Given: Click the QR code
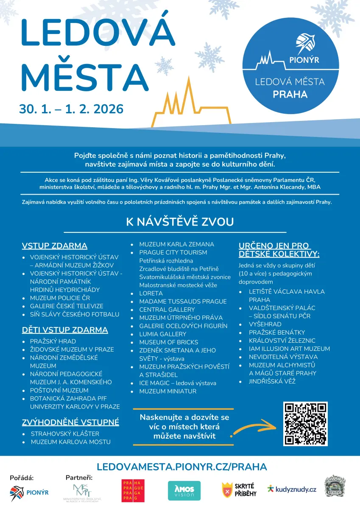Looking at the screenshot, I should [x=305, y=424].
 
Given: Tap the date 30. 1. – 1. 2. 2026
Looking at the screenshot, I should [x=71, y=109].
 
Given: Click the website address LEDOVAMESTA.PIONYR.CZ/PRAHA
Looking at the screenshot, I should [x=182, y=467].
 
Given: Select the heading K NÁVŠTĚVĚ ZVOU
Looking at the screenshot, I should [x=180, y=222].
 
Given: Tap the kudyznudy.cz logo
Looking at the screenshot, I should [x=292, y=489].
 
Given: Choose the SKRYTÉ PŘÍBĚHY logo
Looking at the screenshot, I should [x=239, y=490].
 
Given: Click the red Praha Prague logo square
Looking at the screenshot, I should [x=133, y=491].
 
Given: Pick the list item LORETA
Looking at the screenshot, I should [x=151, y=293].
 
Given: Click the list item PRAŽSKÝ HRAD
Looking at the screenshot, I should [x=53, y=341].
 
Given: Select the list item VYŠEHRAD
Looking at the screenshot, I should [x=265, y=324].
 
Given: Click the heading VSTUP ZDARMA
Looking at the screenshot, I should [x=54, y=246].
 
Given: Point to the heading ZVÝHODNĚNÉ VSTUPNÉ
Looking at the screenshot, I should [x=70, y=422].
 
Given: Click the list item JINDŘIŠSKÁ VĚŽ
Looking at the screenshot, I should [x=272, y=381].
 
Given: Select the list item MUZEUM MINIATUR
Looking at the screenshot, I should [x=168, y=391].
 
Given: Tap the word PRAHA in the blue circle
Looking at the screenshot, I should [x=290, y=94].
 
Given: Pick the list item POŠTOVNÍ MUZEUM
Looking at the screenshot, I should [x=59, y=390].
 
